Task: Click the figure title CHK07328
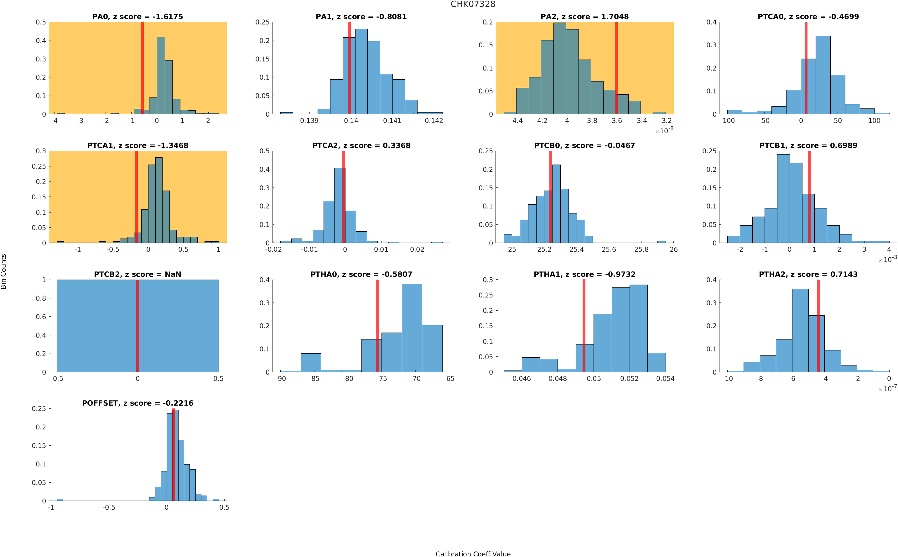(473, 4)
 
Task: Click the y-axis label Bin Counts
(4, 271)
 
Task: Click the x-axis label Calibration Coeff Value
(473, 553)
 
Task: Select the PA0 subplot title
(137, 17)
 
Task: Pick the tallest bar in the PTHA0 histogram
(412, 328)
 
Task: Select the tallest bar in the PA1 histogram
(361, 72)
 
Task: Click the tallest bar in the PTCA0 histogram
(823, 76)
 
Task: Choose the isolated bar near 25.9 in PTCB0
(661, 242)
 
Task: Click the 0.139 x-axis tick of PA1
(309, 120)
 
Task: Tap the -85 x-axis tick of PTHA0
(314, 378)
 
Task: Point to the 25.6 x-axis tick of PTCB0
(609, 250)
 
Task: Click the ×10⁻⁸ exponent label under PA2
(664, 130)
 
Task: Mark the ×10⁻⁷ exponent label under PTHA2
(887, 388)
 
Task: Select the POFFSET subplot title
(137, 403)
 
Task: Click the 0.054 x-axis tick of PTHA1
(665, 378)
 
